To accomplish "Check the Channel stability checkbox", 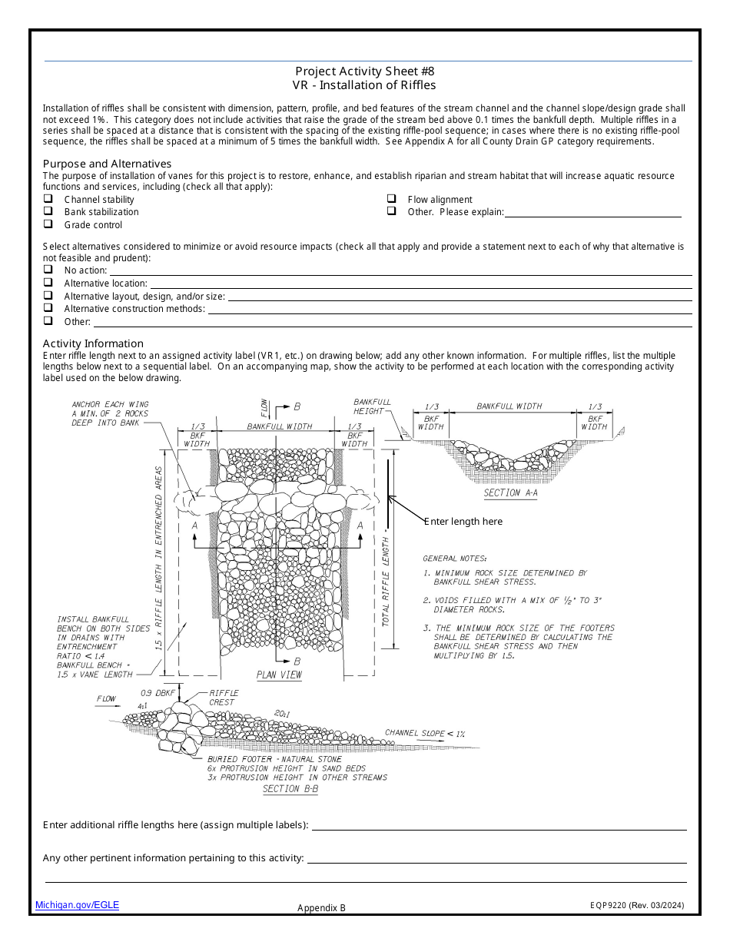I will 48,199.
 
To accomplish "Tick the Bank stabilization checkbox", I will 48,211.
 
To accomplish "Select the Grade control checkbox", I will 48,224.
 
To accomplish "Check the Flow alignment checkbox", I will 391,199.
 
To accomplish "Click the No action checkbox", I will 48,270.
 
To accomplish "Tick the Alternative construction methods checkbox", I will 48,308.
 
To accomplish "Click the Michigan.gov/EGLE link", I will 77,905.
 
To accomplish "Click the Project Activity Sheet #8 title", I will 364,71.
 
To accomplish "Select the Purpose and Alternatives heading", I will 107,164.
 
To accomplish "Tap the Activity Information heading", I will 93,343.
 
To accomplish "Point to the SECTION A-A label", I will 510,493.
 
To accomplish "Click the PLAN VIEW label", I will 279,675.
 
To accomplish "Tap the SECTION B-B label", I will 290,789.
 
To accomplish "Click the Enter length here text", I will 463,522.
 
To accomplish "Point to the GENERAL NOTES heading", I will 454,559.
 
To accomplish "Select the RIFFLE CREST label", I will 224,697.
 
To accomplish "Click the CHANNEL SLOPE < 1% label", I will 425,733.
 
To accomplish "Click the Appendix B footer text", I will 321,907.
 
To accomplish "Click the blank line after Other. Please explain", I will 592,213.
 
